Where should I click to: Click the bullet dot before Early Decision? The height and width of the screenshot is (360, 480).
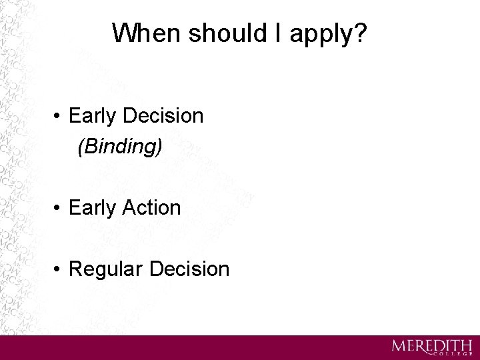pyautogui.click(x=59, y=117)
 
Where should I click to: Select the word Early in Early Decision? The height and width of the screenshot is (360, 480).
pyautogui.click(x=91, y=117)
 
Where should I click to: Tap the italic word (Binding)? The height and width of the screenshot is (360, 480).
pyautogui.click(x=119, y=147)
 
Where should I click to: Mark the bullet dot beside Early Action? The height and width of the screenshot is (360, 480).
pyautogui.click(x=59, y=208)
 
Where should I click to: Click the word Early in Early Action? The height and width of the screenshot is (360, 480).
pyautogui.click(x=91, y=208)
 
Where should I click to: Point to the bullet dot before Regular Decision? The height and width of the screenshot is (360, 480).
pyautogui.click(x=59, y=269)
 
